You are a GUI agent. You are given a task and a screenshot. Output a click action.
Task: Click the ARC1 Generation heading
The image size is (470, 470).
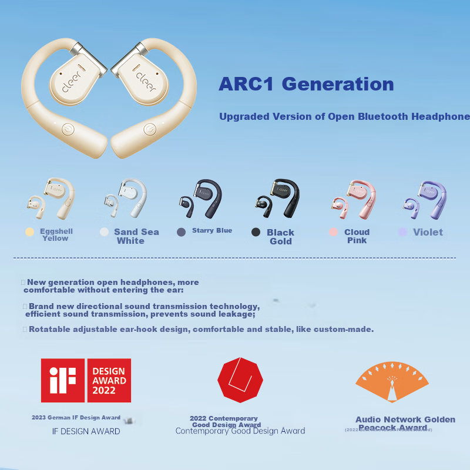click(x=306, y=84)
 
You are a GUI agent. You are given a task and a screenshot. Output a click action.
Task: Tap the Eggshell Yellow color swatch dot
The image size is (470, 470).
click(x=29, y=231)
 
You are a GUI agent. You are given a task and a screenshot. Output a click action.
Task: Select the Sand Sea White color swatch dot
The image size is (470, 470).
click(x=104, y=232)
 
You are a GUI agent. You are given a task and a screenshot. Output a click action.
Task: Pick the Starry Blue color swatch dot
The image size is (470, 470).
click(x=182, y=232)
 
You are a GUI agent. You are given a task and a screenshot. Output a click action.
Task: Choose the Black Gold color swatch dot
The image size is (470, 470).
click(x=256, y=232)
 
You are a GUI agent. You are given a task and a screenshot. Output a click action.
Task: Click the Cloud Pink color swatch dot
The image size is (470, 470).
click(x=333, y=232)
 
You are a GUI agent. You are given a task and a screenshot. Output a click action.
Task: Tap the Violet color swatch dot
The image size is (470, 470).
click(x=402, y=232)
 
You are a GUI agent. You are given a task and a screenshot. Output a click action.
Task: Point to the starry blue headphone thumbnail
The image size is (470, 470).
click(x=202, y=198)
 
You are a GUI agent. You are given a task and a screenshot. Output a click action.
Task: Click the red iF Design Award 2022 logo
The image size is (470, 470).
click(x=86, y=380)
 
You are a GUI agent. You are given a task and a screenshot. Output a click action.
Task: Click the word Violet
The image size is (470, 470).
click(x=428, y=232)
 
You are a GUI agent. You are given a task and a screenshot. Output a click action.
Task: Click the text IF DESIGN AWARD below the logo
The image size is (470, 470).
click(x=86, y=431)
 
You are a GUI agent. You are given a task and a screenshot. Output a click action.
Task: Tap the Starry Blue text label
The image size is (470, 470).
click(x=212, y=230)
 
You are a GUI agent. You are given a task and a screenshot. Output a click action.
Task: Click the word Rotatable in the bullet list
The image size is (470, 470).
click(x=51, y=329)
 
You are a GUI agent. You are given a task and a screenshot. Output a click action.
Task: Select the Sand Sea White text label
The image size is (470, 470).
click(x=136, y=236)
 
